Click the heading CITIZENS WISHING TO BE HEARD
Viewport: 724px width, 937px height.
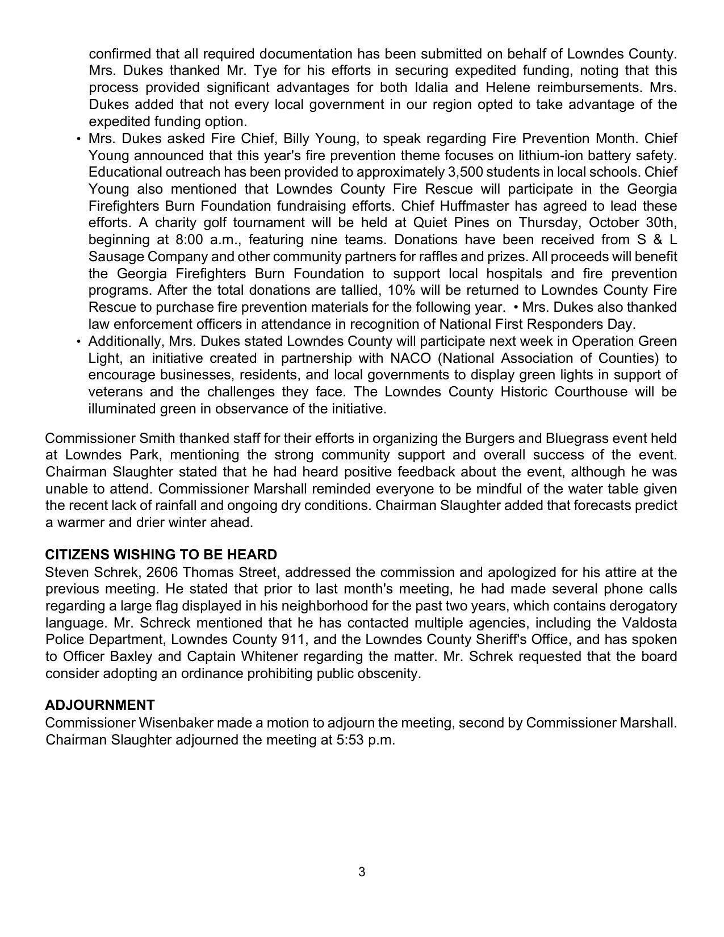tap(161, 555)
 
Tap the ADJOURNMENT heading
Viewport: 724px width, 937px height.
tap(100, 705)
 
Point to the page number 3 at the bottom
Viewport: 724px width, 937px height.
tap(362, 872)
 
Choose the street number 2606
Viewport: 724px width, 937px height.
tap(162, 572)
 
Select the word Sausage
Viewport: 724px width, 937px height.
tap(114, 257)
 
